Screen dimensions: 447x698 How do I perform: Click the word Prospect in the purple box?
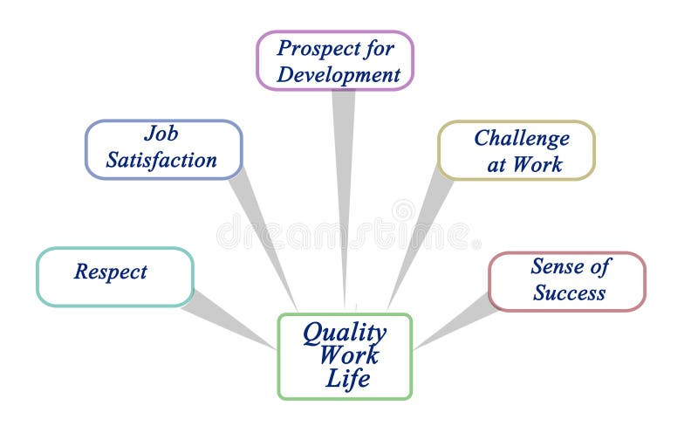pyautogui.click(x=315, y=48)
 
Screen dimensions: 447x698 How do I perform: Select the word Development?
pyautogui.click(x=339, y=74)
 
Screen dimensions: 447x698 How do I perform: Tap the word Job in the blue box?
pyautogui.click(x=161, y=134)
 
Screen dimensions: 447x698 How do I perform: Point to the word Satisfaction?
pyautogui.click(x=161, y=161)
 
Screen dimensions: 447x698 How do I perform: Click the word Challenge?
pyautogui.click(x=521, y=138)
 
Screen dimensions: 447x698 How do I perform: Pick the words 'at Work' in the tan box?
pyautogui.click(x=524, y=164)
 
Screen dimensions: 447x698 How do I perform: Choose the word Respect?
pyautogui.click(x=111, y=272)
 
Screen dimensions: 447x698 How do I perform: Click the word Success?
pyautogui.click(x=569, y=292)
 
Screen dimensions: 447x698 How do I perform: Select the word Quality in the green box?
pyautogui.click(x=344, y=333)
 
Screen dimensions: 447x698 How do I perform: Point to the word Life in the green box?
pyautogui.click(x=347, y=380)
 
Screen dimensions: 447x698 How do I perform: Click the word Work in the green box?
pyautogui.click(x=348, y=356)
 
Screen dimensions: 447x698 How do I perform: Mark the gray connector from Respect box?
pyautogui.click(x=229, y=319)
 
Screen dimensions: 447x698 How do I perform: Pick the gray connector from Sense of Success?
pyautogui.click(x=454, y=323)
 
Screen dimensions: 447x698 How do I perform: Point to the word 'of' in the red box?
pyautogui.click(x=599, y=266)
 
